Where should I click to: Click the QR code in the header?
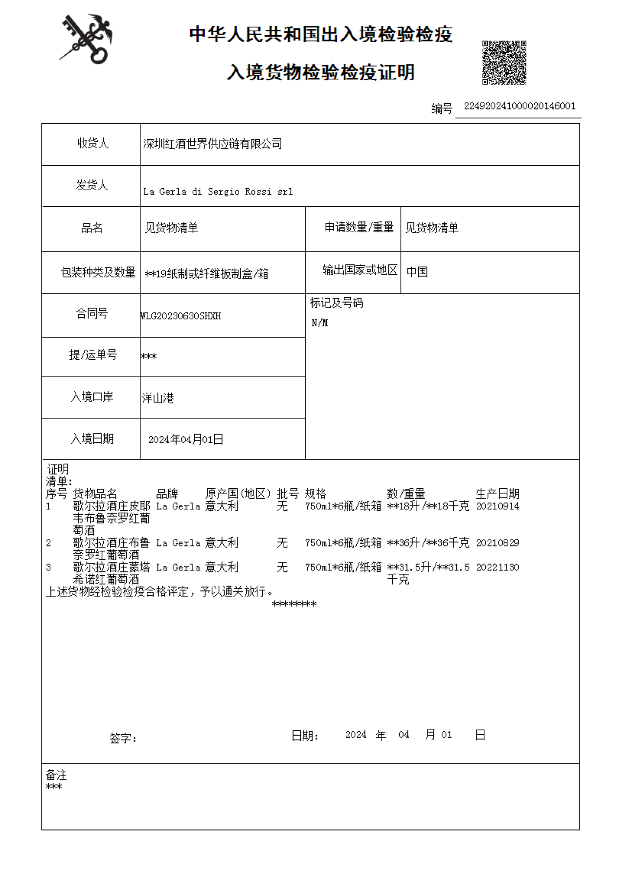coord(504,62)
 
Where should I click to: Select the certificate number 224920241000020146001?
coord(519,106)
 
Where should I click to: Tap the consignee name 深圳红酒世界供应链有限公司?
coord(212,144)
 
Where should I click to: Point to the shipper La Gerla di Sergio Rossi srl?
coord(218,192)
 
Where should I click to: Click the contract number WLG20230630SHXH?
coord(181,316)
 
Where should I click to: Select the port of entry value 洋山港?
coord(158,398)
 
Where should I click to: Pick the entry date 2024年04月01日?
coord(185,439)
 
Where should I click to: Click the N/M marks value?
coord(319,323)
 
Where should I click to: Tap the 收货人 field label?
coord(92,143)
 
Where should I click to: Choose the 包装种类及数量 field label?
coord(98,272)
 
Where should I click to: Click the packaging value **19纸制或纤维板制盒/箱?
coord(206,274)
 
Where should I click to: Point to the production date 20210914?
coord(497,506)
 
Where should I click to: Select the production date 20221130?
coord(497,567)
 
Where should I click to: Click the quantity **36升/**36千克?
coord(428,543)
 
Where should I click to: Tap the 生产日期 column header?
coord(497,494)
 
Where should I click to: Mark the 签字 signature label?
coord(123,738)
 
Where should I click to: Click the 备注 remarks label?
coord(56,775)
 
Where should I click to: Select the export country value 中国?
coord(417,272)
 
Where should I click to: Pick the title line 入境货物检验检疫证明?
coord(320,72)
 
